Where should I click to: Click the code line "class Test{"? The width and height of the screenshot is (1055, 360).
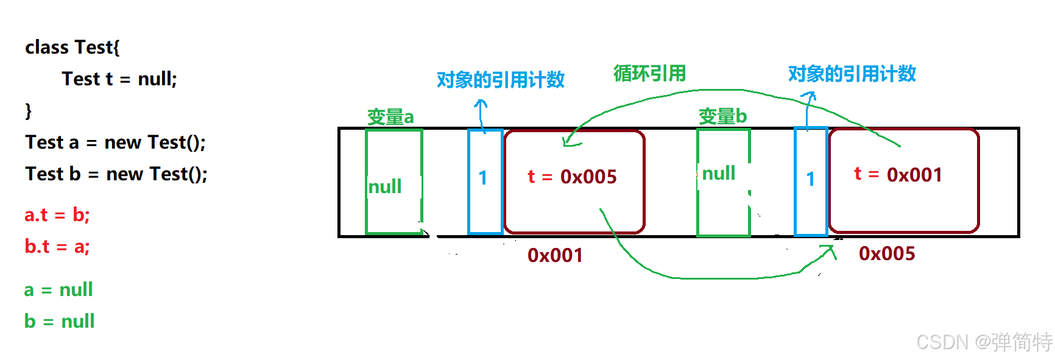click(72, 47)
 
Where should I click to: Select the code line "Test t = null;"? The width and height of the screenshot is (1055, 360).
click(119, 79)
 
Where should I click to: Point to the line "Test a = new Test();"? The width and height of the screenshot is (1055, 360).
click(115, 142)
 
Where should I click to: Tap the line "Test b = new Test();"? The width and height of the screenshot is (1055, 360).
click(116, 174)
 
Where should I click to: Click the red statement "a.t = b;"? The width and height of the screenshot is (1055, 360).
click(57, 214)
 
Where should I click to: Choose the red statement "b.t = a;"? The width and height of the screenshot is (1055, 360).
click(57, 246)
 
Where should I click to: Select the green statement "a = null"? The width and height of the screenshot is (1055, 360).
click(58, 289)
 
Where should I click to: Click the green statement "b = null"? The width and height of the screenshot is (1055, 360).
click(59, 321)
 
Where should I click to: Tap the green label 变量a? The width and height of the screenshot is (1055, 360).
click(390, 116)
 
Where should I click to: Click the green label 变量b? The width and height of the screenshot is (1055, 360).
click(722, 116)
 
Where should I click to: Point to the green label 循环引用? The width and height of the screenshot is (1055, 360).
click(649, 73)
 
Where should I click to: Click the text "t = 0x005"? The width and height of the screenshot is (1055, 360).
click(572, 177)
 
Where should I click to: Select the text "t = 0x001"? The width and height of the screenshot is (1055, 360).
click(898, 175)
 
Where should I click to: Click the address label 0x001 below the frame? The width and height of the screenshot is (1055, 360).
click(555, 255)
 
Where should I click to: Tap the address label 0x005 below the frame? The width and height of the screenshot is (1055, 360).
click(887, 253)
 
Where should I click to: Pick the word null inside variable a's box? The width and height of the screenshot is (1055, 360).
click(385, 186)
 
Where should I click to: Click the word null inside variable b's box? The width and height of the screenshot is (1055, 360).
click(719, 174)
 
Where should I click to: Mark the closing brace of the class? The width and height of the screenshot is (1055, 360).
click(28, 111)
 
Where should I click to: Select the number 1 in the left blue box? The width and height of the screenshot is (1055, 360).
click(483, 178)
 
